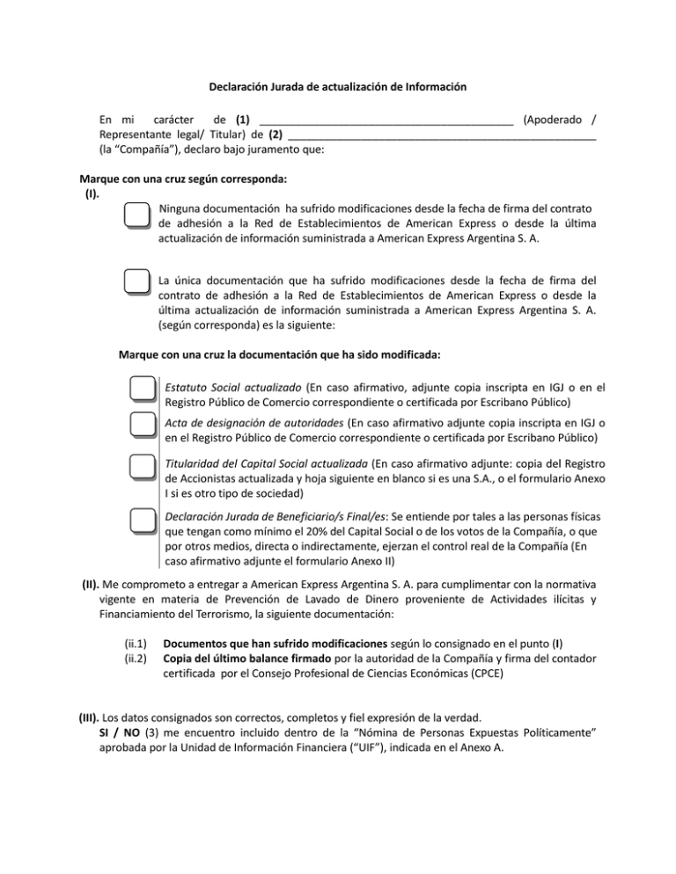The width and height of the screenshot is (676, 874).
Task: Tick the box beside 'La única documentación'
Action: [x=136, y=283]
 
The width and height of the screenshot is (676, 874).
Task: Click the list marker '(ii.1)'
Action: [x=135, y=643]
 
